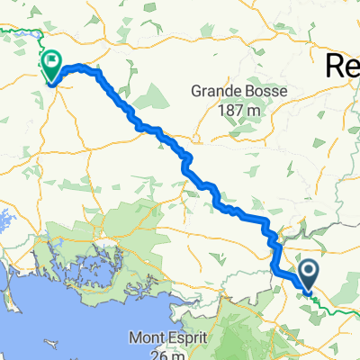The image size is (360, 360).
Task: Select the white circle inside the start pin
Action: click(308, 270)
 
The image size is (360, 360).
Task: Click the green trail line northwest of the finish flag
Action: click(20, 33)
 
